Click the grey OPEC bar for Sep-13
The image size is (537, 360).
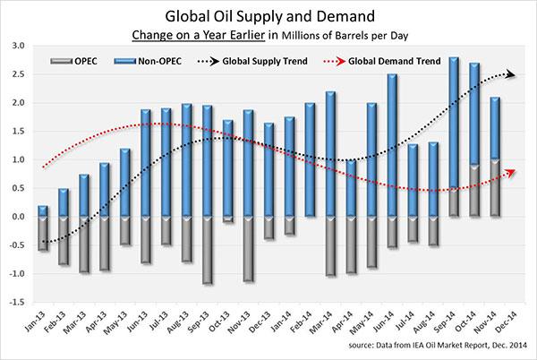(x=209, y=251)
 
